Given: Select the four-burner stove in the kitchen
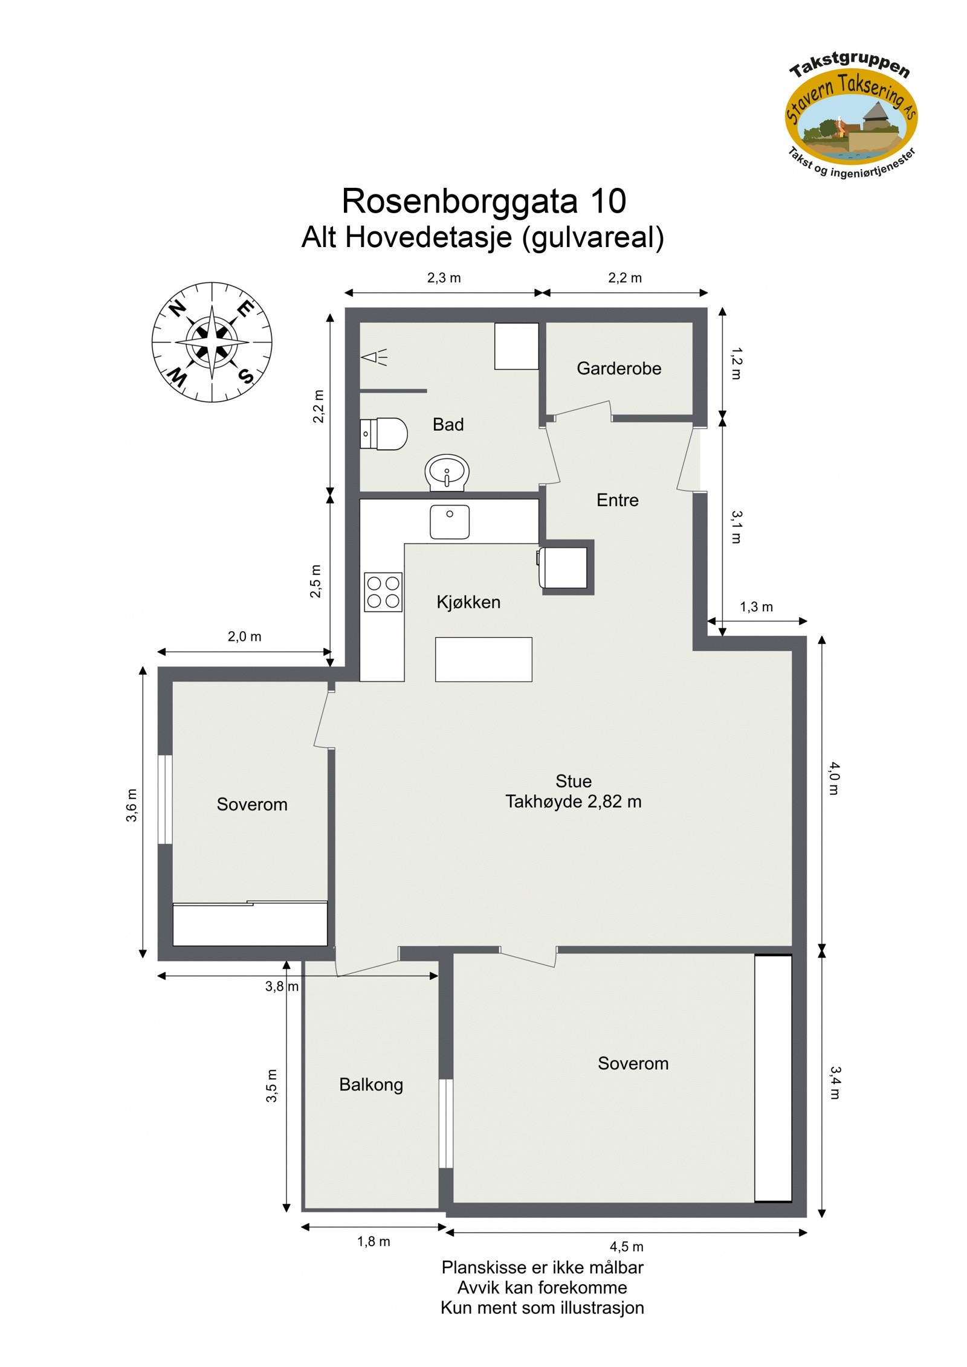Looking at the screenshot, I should [x=383, y=591].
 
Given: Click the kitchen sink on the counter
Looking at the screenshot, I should [x=450, y=521].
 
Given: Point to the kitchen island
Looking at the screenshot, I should [x=483, y=659].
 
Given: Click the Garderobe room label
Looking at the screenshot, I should [x=619, y=368].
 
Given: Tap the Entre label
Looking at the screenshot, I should [x=617, y=500].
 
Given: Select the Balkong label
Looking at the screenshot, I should [x=371, y=1084].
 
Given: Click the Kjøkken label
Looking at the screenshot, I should [x=468, y=602].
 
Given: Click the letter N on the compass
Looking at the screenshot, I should [x=177, y=309].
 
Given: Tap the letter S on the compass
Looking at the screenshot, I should [x=246, y=376].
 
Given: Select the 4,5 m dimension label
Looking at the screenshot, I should [x=626, y=1246].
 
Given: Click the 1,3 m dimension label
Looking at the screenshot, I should [x=756, y=606].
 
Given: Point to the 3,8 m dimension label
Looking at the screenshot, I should [x=282, y=986].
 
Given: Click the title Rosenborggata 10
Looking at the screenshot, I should [x=483, y=201].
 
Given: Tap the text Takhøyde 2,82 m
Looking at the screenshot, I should [x=573, y=802].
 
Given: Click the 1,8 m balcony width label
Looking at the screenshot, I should [x=374, y=1241].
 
